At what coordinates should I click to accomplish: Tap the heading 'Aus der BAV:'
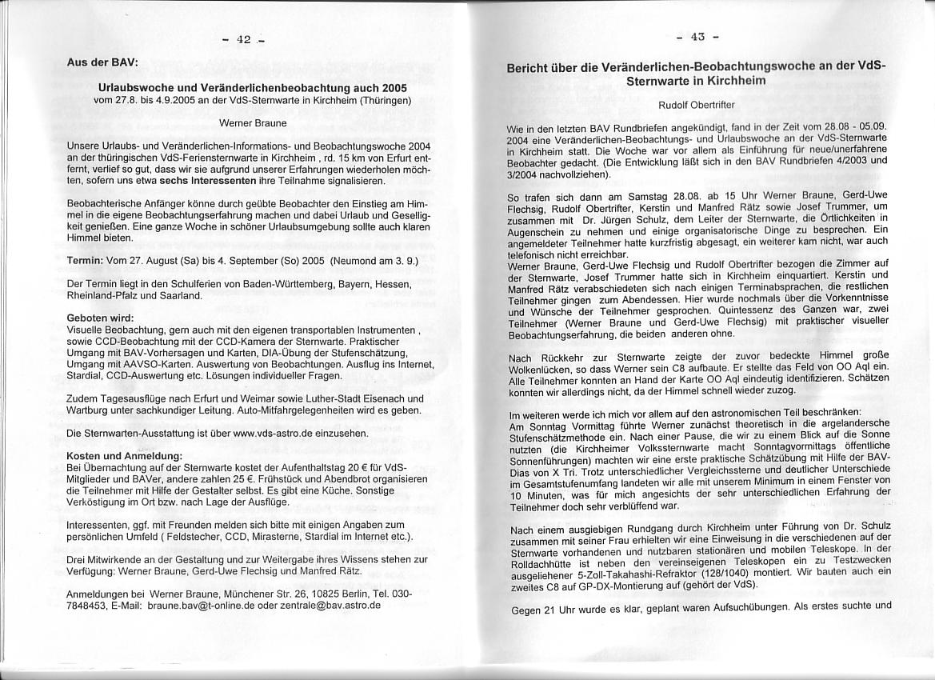[102, 62]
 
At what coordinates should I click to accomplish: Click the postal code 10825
[316, 594]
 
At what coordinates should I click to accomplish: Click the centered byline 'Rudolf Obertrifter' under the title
[697, 105]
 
